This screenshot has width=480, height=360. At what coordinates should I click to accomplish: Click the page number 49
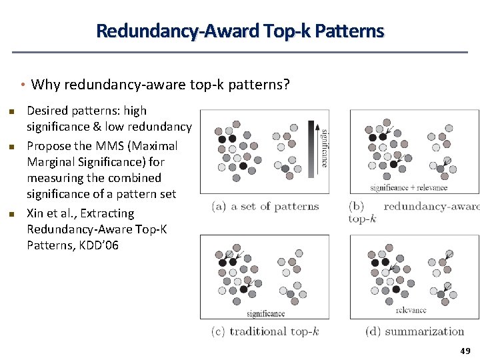tap(465, 351)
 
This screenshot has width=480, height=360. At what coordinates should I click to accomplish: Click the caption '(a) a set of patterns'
tap(265, 207)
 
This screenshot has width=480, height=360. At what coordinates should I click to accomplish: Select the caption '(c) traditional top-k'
tap(265, 331)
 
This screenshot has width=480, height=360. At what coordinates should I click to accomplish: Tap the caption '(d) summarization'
tap(415, 331)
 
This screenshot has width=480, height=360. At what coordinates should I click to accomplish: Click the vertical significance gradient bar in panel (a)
tap(311, 148)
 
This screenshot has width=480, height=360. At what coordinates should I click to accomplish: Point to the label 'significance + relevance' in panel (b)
tap(409, 188)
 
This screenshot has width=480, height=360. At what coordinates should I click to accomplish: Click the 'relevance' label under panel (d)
tap(411, 310)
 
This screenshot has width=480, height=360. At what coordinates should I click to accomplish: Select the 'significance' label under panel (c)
tap(265, 313)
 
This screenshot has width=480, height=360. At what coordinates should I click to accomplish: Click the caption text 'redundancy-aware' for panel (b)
tap(431, 207)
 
